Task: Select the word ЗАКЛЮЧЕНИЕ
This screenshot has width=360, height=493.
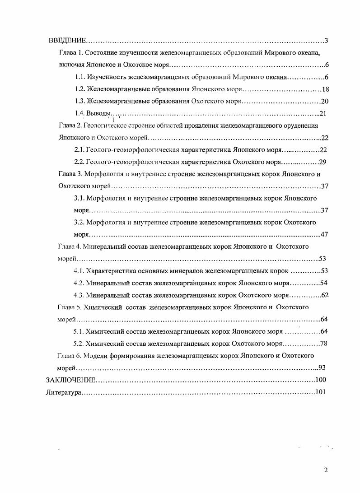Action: coord(71,380)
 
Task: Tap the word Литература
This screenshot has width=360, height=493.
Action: coord(63,392)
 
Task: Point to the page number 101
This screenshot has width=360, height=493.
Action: coord(320,392)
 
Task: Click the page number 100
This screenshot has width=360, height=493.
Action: coord(321,380)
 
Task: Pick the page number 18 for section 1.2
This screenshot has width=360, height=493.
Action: coord(326,89)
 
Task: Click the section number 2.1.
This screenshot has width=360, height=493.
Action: coord(79,150)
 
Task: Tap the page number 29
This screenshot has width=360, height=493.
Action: coord(323,162)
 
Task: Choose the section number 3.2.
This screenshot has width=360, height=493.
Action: coord(79,222)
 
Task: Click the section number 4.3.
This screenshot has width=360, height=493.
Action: coord(79,295)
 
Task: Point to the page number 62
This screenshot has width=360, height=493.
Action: coord(324,295)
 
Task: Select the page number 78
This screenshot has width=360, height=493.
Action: coord(323,343)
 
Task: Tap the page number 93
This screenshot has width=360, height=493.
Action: coord(322,367)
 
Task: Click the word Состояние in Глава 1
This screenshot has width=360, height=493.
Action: coord(100,53)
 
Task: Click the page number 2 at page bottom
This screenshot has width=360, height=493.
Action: coord(326,470)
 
